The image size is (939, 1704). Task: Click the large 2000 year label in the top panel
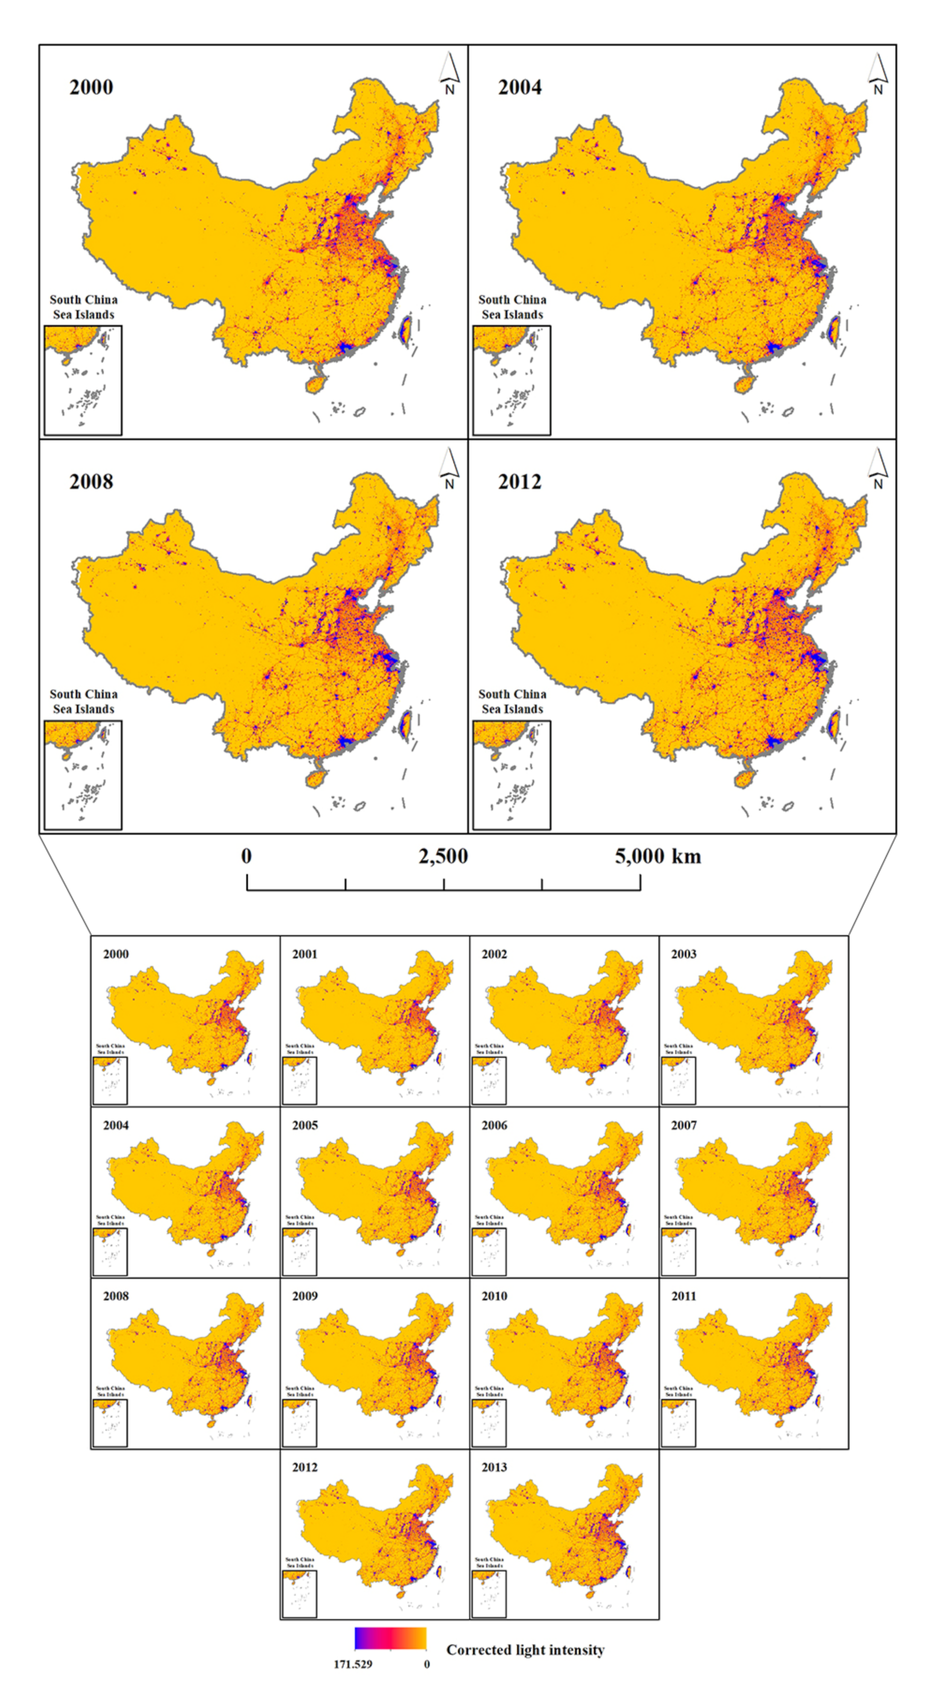(91, 87)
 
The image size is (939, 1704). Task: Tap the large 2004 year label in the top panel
(520, 87)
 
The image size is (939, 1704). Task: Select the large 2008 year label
(91, 482)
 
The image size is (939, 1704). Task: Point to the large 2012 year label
(520, 482)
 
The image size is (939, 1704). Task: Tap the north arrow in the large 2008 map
(449, 468)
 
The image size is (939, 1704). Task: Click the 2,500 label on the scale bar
(443, 856)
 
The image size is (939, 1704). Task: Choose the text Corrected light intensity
(525, 1650)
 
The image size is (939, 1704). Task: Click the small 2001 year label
(305, 954)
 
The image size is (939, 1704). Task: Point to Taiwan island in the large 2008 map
(404, 724)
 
